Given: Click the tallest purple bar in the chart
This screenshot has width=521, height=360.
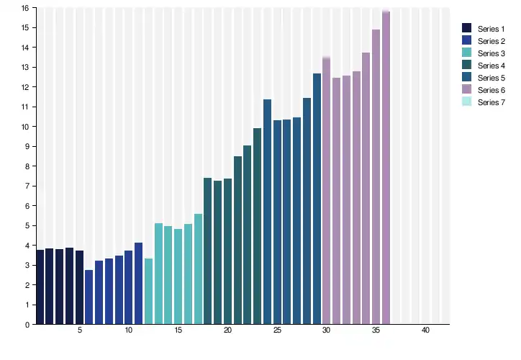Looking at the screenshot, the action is pyautogui.click(x=386, y=168).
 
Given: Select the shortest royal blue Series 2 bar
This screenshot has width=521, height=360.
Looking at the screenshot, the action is pyautogui.click(x=89, y=297).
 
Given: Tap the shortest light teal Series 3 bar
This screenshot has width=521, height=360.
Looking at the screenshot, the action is pyautogui.click(x=148, y=291).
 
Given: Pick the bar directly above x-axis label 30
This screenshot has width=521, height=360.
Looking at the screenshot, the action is pyautogui.click(x=326, y=191).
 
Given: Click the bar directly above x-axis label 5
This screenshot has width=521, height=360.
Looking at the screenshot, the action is pyautogui.click(x=79, y=287).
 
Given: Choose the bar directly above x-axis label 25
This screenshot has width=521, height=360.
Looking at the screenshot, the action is pyautogui.click(x=277, y=222).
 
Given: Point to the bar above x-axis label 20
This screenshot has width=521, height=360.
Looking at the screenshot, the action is pyautogui.click(x=227, y=251).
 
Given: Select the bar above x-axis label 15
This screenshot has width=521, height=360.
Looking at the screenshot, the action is pyautogui.click(x=178, y=276).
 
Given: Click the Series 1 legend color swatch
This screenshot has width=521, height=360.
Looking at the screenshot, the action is pyautogui.click(x=466, y=28).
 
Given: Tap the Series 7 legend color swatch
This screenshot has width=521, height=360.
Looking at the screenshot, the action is pyautogui.click(x=466, y=102).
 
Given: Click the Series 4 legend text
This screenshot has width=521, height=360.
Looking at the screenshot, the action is pyautogui.click(x=491, y=66).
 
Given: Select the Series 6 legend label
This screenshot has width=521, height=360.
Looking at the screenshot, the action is pyautogui.click(x=491, y=90).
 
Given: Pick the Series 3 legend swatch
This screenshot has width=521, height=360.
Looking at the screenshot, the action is pyautogui.click(x=466, y=53).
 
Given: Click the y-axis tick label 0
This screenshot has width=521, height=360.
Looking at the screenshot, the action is pyautogui.click(x=27, y=325).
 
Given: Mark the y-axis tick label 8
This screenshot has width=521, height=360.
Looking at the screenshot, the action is pyautogui.click(x=27, y=166).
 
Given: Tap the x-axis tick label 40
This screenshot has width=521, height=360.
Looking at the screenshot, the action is pyautogui.click(x=425, y=330).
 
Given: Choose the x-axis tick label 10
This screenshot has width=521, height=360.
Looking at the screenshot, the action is pyautogui.click(x=129, y=330).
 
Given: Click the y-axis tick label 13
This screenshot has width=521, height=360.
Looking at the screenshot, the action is pyautogui.click(x=25, y=67).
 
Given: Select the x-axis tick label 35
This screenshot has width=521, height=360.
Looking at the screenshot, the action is pyautogui.click(x=376, y=330).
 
